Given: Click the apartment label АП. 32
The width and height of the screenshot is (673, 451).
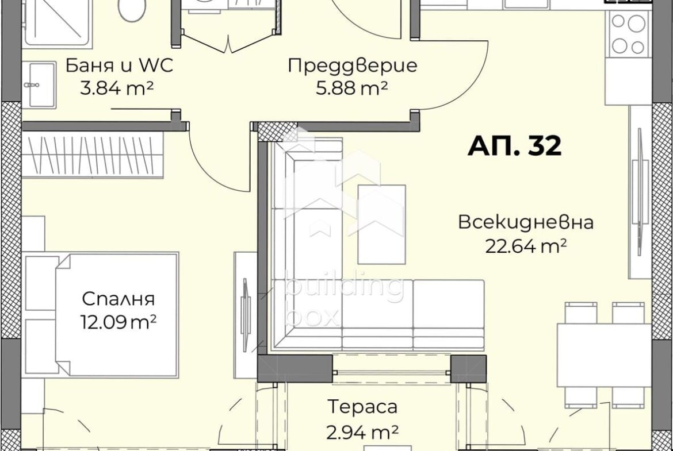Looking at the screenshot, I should (514, 146).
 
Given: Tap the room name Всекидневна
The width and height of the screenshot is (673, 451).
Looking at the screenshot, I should (526, 222).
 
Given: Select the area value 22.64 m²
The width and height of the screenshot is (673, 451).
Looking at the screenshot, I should (526, 246).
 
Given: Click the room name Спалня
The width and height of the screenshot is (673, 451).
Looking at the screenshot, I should (118, 299).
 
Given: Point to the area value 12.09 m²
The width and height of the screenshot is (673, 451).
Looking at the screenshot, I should (118, 322).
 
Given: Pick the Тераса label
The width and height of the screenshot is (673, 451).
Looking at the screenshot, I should (362, 407).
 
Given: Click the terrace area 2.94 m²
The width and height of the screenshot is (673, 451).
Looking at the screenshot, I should (362, 431).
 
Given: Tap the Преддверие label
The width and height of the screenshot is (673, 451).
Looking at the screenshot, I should (352, 65).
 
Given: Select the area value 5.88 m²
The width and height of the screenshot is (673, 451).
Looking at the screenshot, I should (352, 88).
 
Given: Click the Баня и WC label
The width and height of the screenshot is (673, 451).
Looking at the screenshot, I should (119, 65).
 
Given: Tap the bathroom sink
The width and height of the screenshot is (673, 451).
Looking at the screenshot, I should (39, 86).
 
